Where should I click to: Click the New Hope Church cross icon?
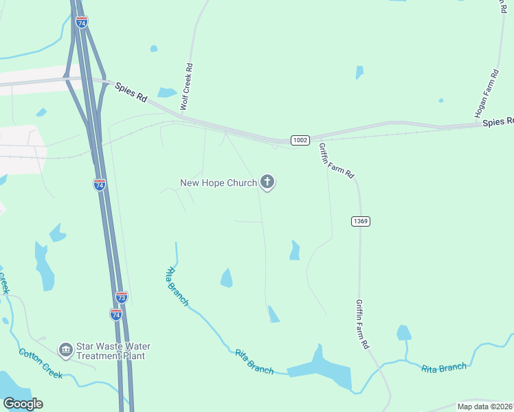267,182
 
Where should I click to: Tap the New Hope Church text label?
218,183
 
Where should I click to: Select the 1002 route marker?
300,139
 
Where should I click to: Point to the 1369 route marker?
361,221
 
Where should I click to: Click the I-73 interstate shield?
121,297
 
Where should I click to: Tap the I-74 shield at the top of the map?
82,23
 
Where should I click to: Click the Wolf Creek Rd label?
185,88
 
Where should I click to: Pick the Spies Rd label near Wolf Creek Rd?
132,93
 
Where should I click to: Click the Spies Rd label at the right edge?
498,122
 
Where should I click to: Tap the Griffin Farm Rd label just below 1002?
336,161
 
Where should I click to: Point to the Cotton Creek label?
40,363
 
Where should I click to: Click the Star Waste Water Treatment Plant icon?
66,350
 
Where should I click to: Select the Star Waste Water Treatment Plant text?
113,351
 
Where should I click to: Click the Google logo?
23,404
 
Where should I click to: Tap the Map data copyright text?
485,407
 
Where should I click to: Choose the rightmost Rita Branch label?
444,368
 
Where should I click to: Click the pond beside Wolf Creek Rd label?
167,92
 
